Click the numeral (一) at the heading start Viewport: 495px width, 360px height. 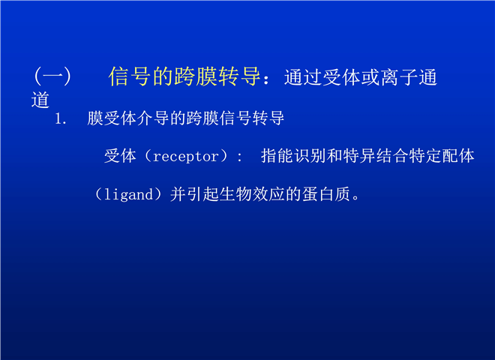52,76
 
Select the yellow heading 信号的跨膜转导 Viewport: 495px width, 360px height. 184,76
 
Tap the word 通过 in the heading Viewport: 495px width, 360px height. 303,77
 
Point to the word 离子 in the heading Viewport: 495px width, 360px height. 399,77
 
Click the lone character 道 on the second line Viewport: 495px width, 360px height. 40,100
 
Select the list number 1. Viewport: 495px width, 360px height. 61,118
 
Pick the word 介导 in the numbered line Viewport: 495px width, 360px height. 153,118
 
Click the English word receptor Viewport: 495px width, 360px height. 186,157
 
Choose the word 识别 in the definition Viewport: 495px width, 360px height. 310,156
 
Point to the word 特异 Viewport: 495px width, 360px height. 359,156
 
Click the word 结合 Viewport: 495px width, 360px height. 392,156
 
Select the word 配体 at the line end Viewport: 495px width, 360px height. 458,156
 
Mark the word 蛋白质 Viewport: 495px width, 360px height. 326,194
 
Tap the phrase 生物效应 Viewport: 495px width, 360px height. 253,194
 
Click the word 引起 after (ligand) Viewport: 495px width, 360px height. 203,194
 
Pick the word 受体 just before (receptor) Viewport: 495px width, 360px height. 120,156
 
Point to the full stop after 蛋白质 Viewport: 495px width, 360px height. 356,198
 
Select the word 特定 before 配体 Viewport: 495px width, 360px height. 425,156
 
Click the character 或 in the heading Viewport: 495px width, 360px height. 370,77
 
